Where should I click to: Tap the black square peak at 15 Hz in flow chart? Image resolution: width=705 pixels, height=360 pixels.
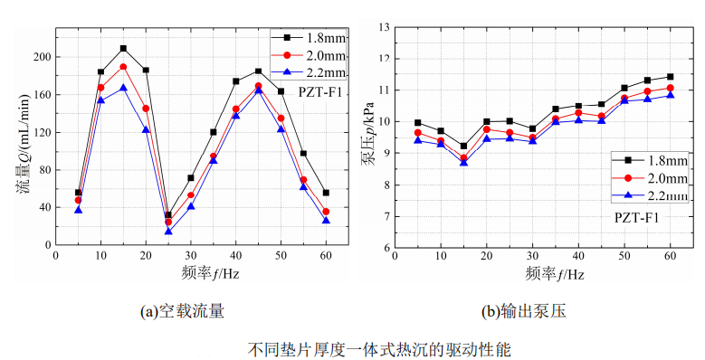[123, 48]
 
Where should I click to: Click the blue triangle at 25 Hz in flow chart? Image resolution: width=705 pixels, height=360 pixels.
[168, 232]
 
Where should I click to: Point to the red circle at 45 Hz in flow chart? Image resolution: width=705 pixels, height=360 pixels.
[258, 86]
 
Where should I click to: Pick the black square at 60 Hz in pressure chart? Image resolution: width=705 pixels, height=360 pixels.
[671, 77]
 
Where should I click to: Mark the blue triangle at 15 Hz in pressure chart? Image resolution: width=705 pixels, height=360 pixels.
[464, 162]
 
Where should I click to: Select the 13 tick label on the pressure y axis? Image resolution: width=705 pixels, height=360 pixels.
[387, 28]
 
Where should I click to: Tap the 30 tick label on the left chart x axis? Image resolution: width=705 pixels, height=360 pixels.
[190, 256]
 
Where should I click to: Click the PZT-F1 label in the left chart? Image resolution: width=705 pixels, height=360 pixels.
[317, 90]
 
